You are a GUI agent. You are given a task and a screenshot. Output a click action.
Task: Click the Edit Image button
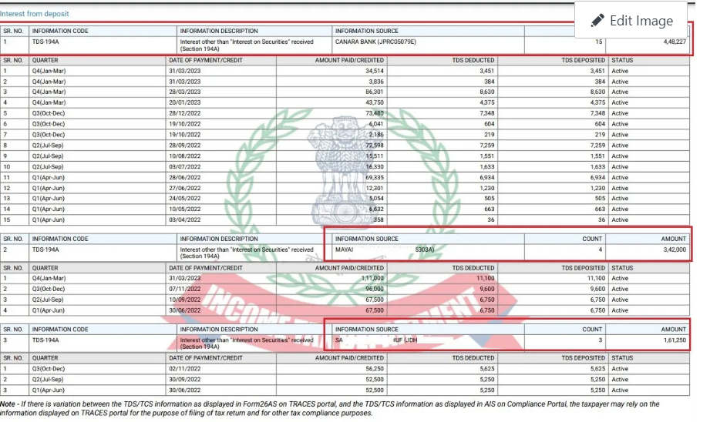pos(631,21)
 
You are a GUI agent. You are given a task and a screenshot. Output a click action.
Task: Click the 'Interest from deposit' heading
pos(34,14)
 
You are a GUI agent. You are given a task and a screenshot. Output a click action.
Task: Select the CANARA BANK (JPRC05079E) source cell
pos(375,42)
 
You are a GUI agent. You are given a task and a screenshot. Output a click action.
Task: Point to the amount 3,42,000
pos(671,250)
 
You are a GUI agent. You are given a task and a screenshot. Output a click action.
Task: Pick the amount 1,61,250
pos(671,340)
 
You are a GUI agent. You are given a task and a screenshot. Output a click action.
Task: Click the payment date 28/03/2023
pos(184,92)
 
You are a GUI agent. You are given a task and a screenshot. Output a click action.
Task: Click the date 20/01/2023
pos(184,102)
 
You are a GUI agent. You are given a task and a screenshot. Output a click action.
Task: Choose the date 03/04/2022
pos(184,219)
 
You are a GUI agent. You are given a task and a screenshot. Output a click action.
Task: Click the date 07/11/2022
pos(184,289)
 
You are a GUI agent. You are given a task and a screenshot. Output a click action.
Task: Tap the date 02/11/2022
pos(184,368)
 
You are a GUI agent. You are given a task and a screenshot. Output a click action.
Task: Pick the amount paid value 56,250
pos(372,368)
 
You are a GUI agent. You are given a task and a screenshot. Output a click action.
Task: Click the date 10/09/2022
pos(184,300)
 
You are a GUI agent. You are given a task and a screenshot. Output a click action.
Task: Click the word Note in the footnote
pos(8,404)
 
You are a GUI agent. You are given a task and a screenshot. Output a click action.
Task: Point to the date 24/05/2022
pos(184,198)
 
